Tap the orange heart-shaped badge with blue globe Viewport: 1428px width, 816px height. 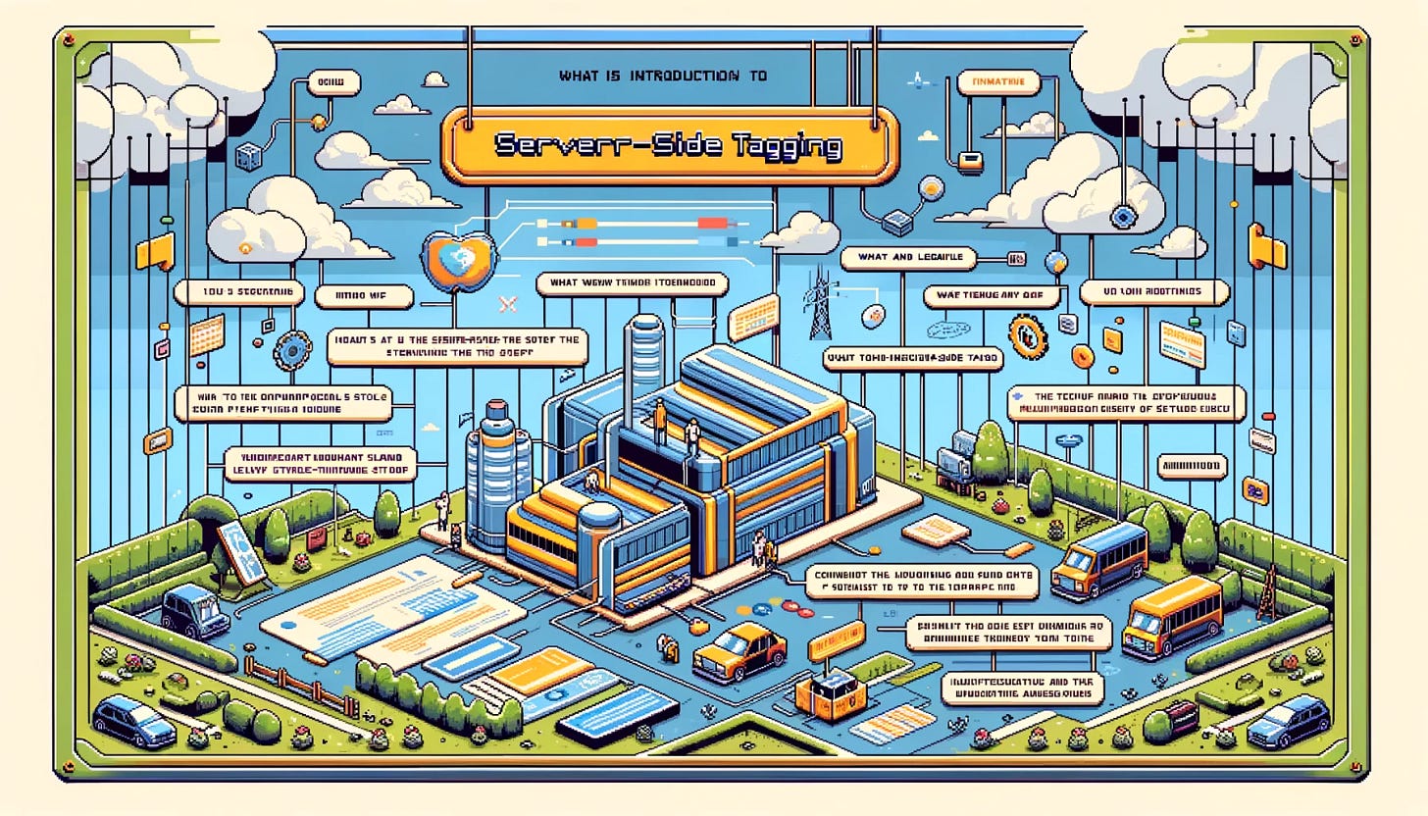(x=453, y=254)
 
